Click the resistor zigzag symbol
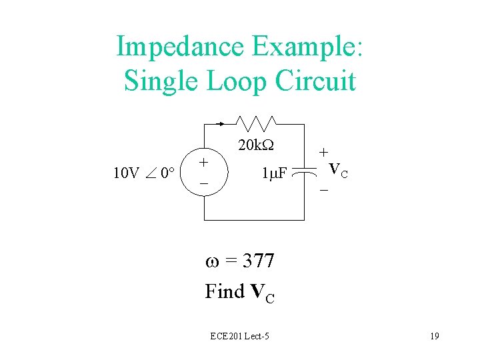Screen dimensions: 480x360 tap(255, 123)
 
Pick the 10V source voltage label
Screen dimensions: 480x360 tap(126, 174)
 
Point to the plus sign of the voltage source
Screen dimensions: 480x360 tap(205, 163)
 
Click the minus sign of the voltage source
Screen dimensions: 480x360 tap(205, 183)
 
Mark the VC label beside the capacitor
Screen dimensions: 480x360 tap(339, 171)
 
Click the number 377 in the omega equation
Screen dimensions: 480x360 tap(259, 261)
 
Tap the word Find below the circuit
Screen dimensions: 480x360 tap(225, 291)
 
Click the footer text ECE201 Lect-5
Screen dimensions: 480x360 tap(239, 336)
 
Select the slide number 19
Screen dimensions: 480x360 tap(434, 336)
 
